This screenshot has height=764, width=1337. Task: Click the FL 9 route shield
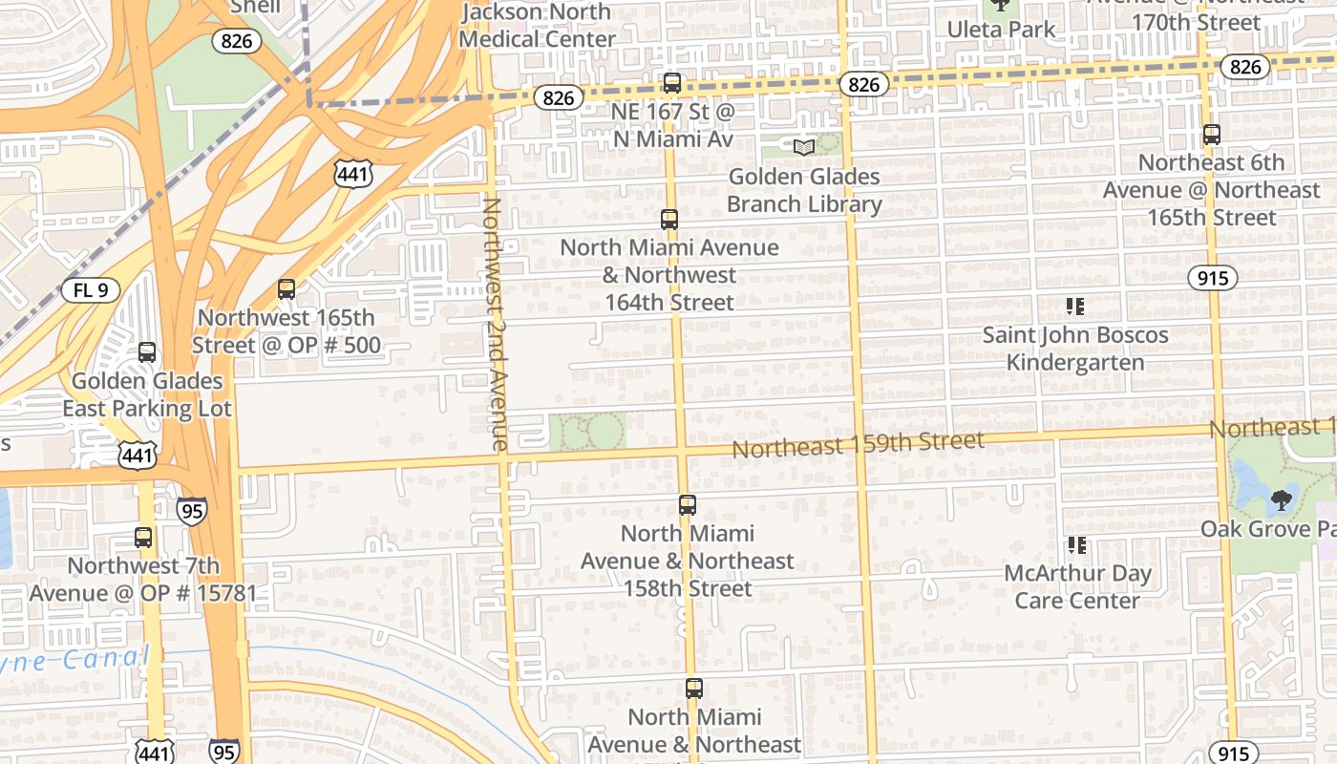(x=91, y=290)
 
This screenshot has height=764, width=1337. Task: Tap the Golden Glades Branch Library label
(x=804, y=190)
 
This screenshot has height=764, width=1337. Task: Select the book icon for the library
(x=804, y=147)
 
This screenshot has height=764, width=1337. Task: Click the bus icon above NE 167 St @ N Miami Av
(x=672, y=83)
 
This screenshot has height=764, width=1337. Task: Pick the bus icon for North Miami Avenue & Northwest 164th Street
(x=669, y=220)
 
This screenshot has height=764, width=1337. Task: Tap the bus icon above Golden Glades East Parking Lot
(x=147, y=352)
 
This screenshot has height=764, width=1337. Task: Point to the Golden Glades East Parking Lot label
(x=147, y=394)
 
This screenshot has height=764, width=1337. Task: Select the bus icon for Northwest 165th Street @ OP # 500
(x=286, y=289)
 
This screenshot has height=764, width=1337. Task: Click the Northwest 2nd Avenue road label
(x=495, y=323)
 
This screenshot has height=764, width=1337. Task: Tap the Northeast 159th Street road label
(x=858, y=444)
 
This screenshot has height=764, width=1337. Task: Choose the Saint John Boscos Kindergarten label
(x=1075, y=349)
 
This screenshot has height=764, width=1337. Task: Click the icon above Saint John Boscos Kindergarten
(x=1076, y=307)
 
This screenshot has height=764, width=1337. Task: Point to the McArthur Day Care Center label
(x=1077, y=586)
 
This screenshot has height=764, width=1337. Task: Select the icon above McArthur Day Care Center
(x=1077, y=545)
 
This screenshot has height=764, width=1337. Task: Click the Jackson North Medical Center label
(x=537, y=26)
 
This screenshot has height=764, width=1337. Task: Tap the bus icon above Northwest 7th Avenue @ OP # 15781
(x=143, y=538)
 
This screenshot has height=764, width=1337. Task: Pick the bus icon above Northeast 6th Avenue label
(x=1212, y=135)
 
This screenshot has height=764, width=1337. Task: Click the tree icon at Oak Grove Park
(x=1282, y=499)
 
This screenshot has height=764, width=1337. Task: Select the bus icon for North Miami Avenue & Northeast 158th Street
(x=688, y=505)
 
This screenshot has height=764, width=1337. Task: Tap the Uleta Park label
(x=1001, y=30)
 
